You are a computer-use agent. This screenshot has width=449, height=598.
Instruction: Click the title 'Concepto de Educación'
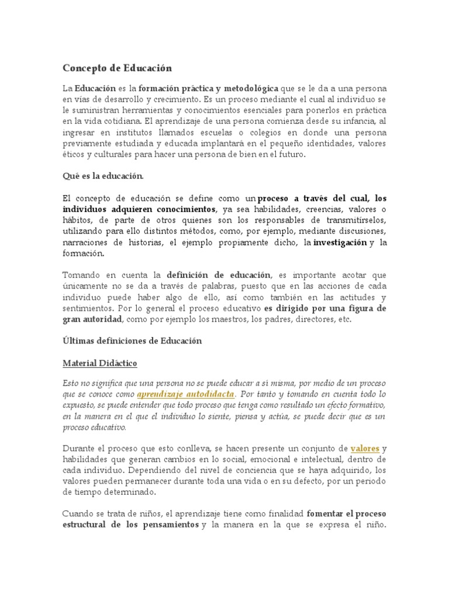pos(118,68)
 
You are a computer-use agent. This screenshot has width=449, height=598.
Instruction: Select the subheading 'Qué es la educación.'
pos(102,175)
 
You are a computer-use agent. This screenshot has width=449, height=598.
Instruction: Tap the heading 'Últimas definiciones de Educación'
pos(132,340)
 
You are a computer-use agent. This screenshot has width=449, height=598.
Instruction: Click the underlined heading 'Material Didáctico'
pos(100,363)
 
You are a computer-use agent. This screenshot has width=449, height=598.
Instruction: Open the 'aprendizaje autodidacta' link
pos(185,395)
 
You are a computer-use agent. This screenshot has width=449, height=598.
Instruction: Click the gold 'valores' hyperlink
pos(365,448)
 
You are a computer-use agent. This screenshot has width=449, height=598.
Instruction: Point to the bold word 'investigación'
pos(341,242)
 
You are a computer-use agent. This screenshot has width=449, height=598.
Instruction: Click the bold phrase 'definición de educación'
pos(218,275)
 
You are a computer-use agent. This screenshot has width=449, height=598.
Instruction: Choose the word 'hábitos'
pos(78,220)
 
